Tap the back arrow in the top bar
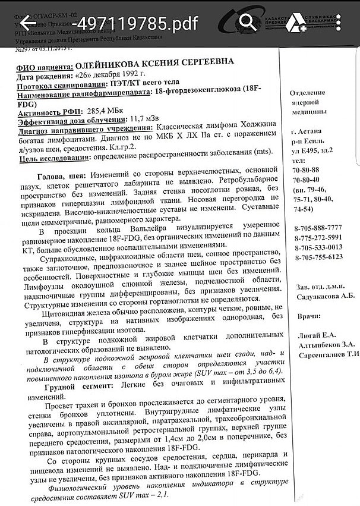tap(28, 23)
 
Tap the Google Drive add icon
tap(295, 23)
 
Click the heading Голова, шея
tap(61, 177)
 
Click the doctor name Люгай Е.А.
tap(314, 335)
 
